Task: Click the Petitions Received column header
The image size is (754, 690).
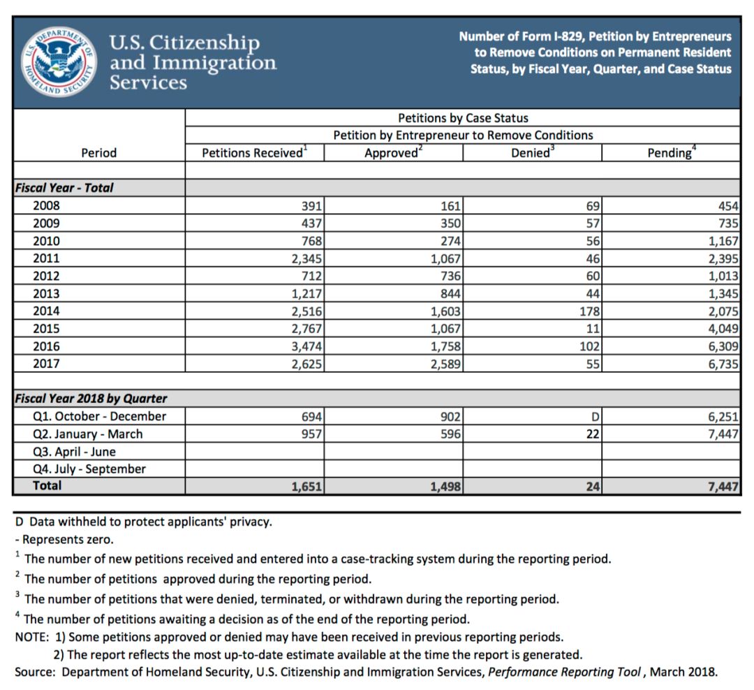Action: [x=253, y=152]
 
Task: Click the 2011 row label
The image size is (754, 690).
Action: [x=46, y=258]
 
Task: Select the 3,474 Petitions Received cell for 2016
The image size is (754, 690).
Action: [x=307, y=346]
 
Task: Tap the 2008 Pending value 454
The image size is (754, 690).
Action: [x=727, y=206]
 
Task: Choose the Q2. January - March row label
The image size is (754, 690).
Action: [x=87, y=434]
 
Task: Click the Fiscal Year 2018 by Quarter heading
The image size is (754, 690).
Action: [x=91, y=399]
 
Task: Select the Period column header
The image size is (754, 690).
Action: [x=99, y=152]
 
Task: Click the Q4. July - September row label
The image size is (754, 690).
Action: [x=89, y=469]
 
